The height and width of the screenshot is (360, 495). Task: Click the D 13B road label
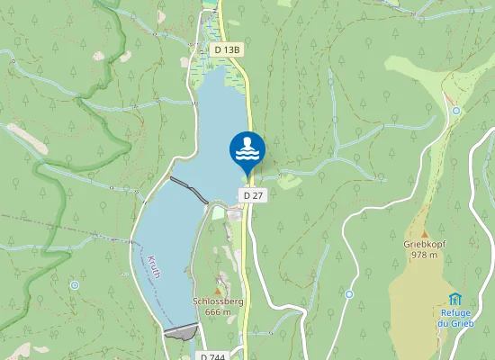pos(227,49)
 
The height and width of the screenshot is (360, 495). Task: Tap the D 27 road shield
pos(252,195)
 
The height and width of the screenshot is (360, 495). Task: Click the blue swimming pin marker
pos(247,149)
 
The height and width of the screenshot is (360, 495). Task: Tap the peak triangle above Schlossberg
pos(217,290)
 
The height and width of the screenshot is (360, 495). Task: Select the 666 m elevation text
pos(218,312)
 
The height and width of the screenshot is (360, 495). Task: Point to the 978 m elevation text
pos(424,255)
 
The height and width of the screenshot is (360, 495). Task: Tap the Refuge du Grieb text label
pos(455,317)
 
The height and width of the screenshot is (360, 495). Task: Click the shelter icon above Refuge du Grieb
pos(455,298)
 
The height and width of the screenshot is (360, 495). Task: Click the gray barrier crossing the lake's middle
pos(190,190)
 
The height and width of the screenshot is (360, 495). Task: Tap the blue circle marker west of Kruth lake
pos(74,285)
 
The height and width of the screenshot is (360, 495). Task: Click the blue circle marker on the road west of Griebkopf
pos(348,293)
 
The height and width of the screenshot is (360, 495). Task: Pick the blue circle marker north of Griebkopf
pos(456,111)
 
